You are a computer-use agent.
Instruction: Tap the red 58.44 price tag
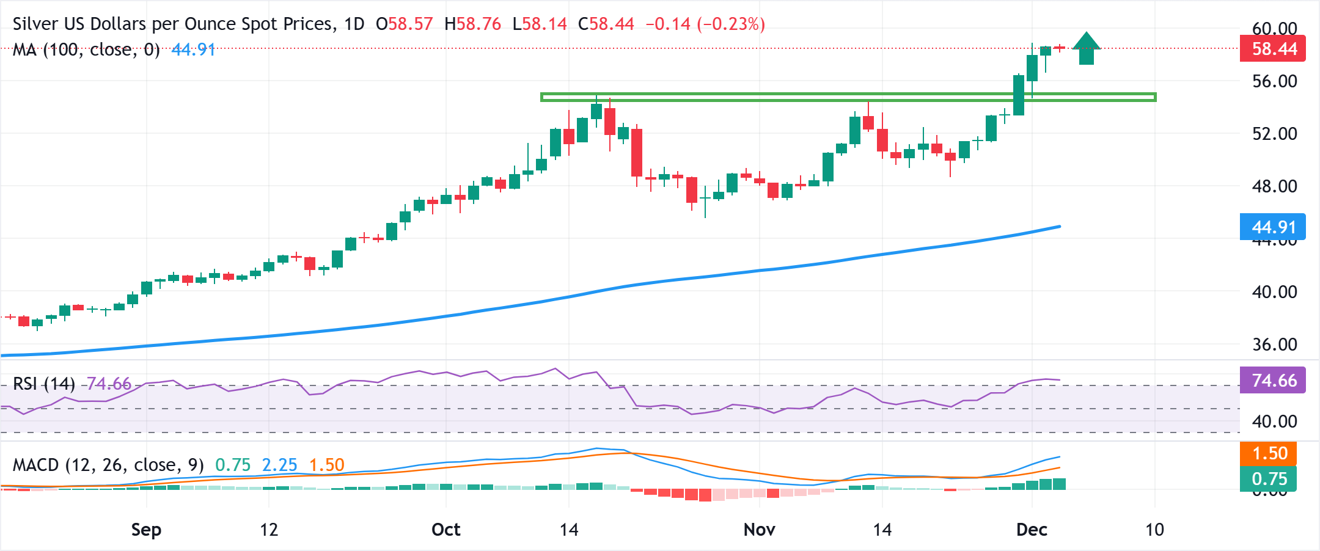pos(1272,49)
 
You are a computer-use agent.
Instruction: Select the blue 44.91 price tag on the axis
pos(1272,227)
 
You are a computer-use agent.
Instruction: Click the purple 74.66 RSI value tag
pos(1272,381)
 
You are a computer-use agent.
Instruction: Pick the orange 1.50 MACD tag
pos(1269,453)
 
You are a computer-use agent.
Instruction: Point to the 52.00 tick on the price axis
pos(1274,134)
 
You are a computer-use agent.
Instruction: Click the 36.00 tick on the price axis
pos(1274,345)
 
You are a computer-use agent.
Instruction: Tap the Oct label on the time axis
pos(446,530)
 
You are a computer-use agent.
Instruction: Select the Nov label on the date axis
pos(759,530)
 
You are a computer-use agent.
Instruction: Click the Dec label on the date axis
pos(1032,530)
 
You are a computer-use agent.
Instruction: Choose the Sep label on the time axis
pos(146,530)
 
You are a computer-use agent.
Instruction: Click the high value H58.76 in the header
pos(472,24)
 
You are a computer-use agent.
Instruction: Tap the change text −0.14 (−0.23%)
pos(705,24)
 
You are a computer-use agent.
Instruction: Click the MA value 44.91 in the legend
pos(193,49)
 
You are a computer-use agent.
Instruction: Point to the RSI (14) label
pos(43,384)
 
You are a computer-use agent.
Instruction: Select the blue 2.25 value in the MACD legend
pos(279,465)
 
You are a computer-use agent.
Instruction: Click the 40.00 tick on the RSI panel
pos(1274,421)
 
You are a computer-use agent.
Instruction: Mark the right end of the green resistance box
pos(1154,97)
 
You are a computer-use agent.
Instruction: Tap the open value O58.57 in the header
pos(404,24)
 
